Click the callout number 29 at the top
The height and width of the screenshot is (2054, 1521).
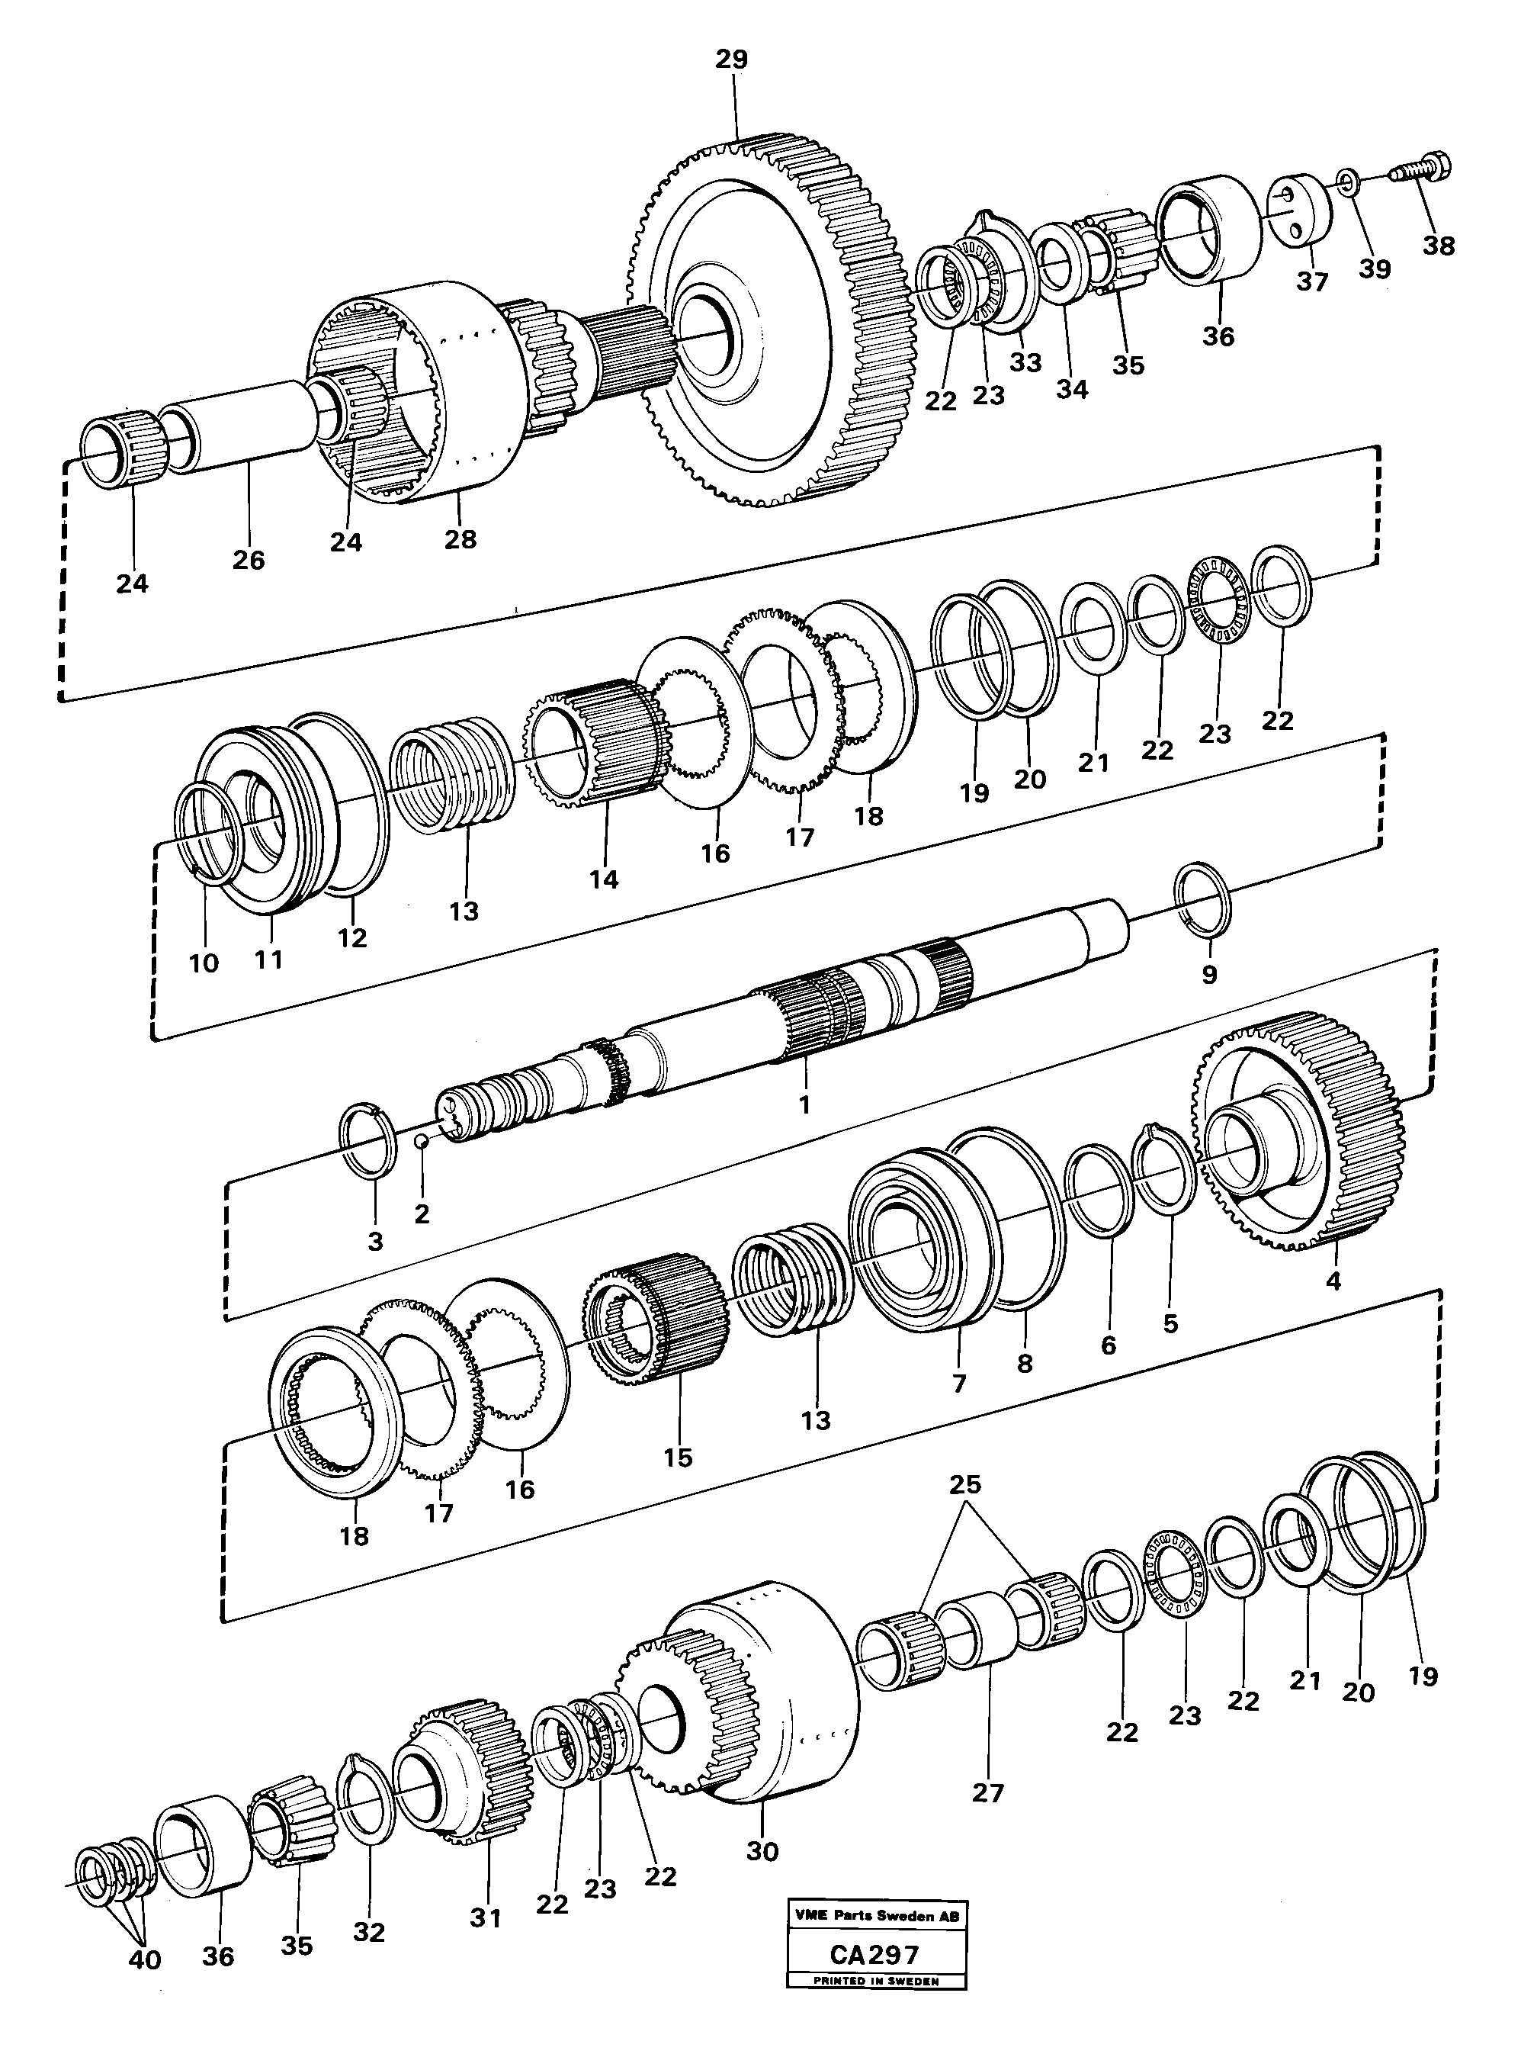point(732,59)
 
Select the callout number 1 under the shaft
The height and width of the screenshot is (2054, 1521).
point(804,1104)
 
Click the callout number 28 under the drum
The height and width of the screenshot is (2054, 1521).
point(460,538)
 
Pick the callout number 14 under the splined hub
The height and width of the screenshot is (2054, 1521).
point(604,879)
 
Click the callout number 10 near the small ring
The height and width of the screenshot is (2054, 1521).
point(204,963)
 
